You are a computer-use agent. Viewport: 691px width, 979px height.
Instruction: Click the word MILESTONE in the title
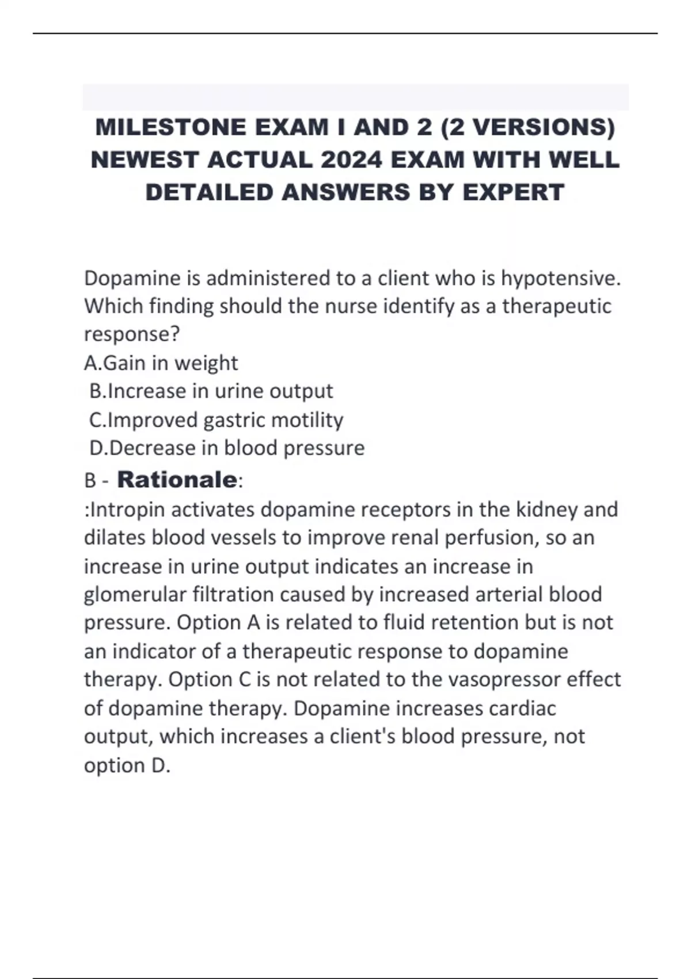[x=170, y=127]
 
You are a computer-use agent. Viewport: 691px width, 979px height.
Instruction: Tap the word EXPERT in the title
[x=513, y=192]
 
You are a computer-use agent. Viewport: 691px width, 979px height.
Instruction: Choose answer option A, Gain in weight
[x=161, y=363]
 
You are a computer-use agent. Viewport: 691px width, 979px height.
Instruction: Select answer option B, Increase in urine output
[x=211, y=391]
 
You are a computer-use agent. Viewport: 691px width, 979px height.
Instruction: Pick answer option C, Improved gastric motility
[x=217, y=420]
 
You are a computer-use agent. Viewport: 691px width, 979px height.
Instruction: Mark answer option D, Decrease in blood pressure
[x=227, y=448]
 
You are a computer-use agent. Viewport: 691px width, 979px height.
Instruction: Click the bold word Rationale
[x=177, y=479]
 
